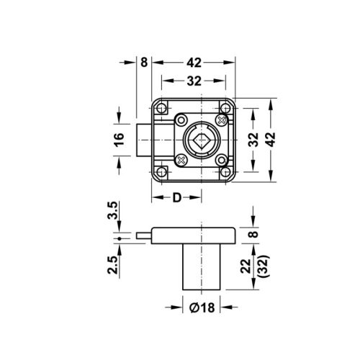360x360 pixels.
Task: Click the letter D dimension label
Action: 176,197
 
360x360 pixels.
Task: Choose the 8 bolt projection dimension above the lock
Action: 144,63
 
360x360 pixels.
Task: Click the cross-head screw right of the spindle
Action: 220,120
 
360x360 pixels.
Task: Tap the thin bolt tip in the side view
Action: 143,235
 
